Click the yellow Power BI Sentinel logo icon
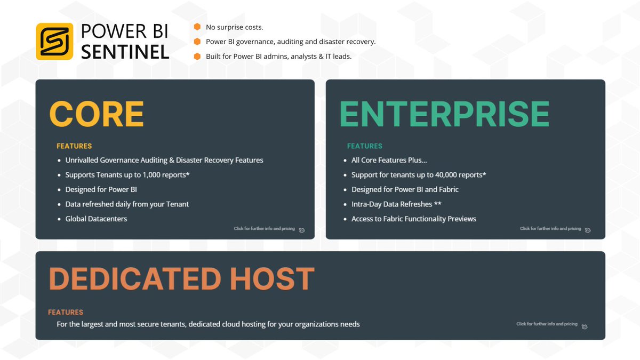tap(54, 41)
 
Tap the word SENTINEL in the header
tap(125, 52)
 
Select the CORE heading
tap(97, 113)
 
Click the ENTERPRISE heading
tap(444, 113)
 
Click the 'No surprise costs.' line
tap(234, 27)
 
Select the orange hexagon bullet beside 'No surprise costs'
tap(197, 27)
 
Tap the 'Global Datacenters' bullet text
tap(96, 219)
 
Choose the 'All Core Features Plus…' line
tap(389, 160)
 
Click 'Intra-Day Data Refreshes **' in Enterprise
tap(396, 204)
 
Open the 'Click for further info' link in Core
tap(264, 229)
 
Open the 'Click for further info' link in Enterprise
tap(550, 229)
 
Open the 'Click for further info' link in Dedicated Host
tap(547, 324)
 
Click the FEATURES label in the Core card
tap(74, 146)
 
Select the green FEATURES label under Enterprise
tap(365, 146)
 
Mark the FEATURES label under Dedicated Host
tap(66, 313)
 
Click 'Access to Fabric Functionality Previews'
tap(413, 219)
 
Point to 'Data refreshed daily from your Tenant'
tap(127, 204)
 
